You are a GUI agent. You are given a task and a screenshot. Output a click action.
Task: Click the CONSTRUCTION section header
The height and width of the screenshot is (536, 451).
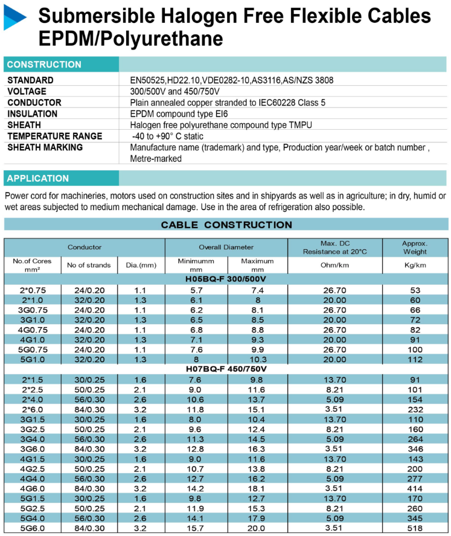tap(44, 65)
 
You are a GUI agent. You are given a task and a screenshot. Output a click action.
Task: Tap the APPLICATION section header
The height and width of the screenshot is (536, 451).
tap(38, 178)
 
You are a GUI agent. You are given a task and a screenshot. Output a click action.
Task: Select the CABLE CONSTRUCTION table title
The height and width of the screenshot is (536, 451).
tap(226, 225)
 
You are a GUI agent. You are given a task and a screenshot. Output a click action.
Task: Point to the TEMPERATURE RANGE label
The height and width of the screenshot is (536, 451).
tap(55, 136)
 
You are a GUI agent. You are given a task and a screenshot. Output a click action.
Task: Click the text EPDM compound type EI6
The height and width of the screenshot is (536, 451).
tap(179, 114)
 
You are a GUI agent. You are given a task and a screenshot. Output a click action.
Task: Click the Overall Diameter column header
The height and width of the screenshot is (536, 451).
tap(226, 247)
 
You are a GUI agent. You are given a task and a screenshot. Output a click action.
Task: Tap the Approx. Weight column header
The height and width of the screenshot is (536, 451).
tap(414, 247)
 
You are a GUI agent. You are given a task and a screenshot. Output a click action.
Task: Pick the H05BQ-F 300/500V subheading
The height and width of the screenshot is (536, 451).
tap(226, 279)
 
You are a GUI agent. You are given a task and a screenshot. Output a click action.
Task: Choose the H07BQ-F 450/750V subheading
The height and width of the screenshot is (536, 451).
tap(226, 369)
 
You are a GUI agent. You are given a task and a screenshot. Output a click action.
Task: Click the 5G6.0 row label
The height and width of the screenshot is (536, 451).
tap(33, 528)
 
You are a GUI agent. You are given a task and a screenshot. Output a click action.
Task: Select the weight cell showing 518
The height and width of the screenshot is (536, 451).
tap(415, 528)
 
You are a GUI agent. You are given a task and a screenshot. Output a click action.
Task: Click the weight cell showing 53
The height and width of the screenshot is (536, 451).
tap(415, 290)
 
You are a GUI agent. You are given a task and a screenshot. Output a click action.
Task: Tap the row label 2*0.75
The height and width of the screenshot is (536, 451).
tap(33, 290)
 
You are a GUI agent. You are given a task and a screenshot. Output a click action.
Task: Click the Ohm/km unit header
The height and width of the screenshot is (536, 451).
tap(334, 265)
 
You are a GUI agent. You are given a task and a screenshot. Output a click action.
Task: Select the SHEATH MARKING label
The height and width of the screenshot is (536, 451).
tap(45, 147)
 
